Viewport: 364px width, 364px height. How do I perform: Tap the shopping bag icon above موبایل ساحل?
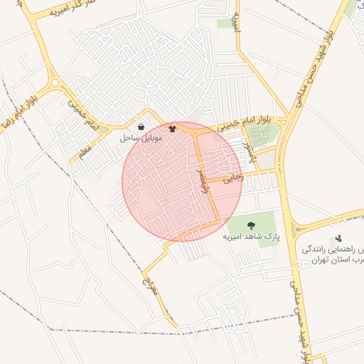[141, 127]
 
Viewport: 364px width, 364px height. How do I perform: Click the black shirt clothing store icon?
[171, 129]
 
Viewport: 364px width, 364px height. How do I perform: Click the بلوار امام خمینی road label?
[246, 124]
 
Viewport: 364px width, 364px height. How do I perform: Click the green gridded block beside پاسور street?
[262, 134]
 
